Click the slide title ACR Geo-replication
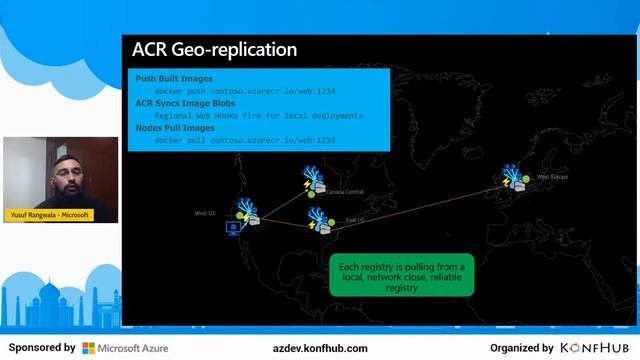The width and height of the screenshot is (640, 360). tap(214, 49)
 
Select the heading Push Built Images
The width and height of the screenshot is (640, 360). tap(174, 78)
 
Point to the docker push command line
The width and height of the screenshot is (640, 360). tap(245, 91)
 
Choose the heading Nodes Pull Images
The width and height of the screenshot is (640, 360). tap(175, 128)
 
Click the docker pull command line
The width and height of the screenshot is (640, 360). tap(245, 141)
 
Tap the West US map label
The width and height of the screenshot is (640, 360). tap(205, 212)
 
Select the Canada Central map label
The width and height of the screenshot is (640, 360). tap(345, 192)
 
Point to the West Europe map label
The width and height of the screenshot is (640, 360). tap(552, 177)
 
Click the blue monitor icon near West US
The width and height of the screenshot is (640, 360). tap(234, 228)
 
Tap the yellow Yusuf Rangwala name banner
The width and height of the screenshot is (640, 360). tap(49, 214)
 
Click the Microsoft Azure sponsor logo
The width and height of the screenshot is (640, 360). tap(125, 348)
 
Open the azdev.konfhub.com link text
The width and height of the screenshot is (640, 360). tap(320, 348)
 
